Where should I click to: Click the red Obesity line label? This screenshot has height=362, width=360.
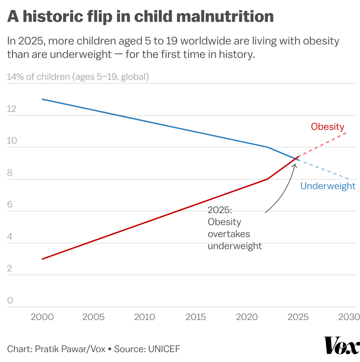[327, 127]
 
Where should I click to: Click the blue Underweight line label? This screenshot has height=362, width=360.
[327, 186]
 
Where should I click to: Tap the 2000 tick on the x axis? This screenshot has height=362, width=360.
[42, 317]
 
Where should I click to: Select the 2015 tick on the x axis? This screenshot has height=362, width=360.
[196, 317]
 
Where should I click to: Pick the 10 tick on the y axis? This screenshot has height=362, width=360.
[12, 141]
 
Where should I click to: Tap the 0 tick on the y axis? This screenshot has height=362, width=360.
[10, 301]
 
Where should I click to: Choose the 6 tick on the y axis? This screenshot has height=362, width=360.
[10, 205]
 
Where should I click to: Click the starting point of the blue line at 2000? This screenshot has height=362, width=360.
[42, 99]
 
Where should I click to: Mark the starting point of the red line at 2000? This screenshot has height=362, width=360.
[42, 259]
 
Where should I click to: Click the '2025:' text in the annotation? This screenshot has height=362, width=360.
[219, 210]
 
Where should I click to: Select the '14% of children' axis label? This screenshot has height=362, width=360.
[38, 77]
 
